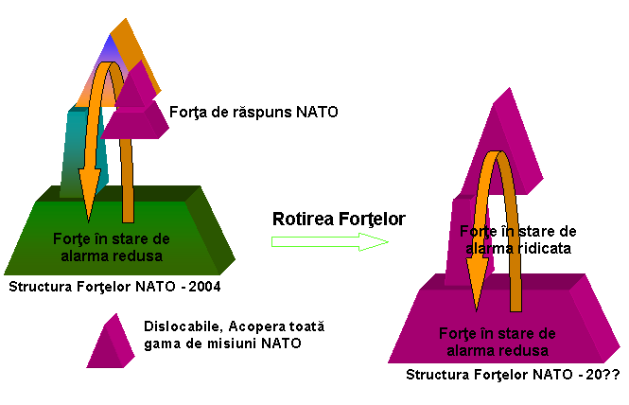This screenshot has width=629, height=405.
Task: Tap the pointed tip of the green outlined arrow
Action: click(x=386, y=241)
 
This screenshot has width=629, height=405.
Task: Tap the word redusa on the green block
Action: click(x=141, y=255)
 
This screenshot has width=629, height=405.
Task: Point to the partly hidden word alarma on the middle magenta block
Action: click(x=485, y=248)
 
